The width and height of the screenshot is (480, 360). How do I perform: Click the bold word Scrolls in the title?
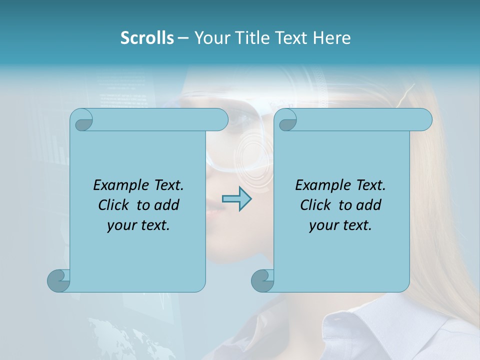147,38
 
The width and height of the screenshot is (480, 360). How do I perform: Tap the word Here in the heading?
331,38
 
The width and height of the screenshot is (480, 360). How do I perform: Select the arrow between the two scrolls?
236,199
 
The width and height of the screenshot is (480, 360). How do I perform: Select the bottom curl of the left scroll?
58,280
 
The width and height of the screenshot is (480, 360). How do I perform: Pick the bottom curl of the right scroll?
262,280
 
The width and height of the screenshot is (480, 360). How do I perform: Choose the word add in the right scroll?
369,205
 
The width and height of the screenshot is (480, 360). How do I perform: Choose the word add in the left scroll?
167,205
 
